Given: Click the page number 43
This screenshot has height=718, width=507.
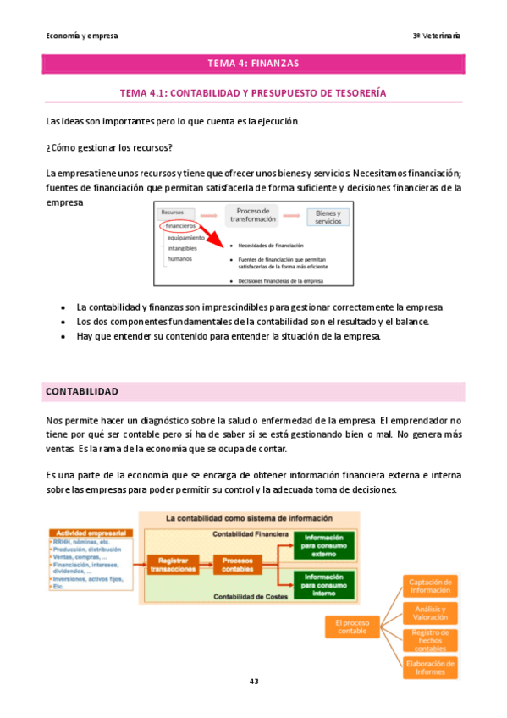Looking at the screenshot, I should pyautogui.click(x=253, y=682).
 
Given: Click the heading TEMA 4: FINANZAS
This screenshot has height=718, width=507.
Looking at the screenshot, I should pyautogui.click(x=253, y=64).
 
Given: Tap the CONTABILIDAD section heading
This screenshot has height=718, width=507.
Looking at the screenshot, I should pyautogui.click(x=81, y=392).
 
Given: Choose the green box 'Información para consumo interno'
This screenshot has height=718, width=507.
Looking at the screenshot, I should pyautogui.click(x=323, y=583).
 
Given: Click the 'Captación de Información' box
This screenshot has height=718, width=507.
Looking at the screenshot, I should pyautogui.click(x=430, y=585).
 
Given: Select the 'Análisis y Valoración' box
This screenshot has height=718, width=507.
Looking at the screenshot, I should pyautogui.click(x=430, y=612).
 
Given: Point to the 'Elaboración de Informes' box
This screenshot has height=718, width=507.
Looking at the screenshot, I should pyautogui.click(x=430, y=668).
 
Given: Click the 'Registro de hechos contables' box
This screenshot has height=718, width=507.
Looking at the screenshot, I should pyautogui.click(x=430, y=640).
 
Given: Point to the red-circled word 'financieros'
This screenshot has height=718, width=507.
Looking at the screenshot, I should pyautogui.click(x=180, y=226).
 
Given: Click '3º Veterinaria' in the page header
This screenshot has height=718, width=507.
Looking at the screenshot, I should pyautogui.click(x=437, y=36).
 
